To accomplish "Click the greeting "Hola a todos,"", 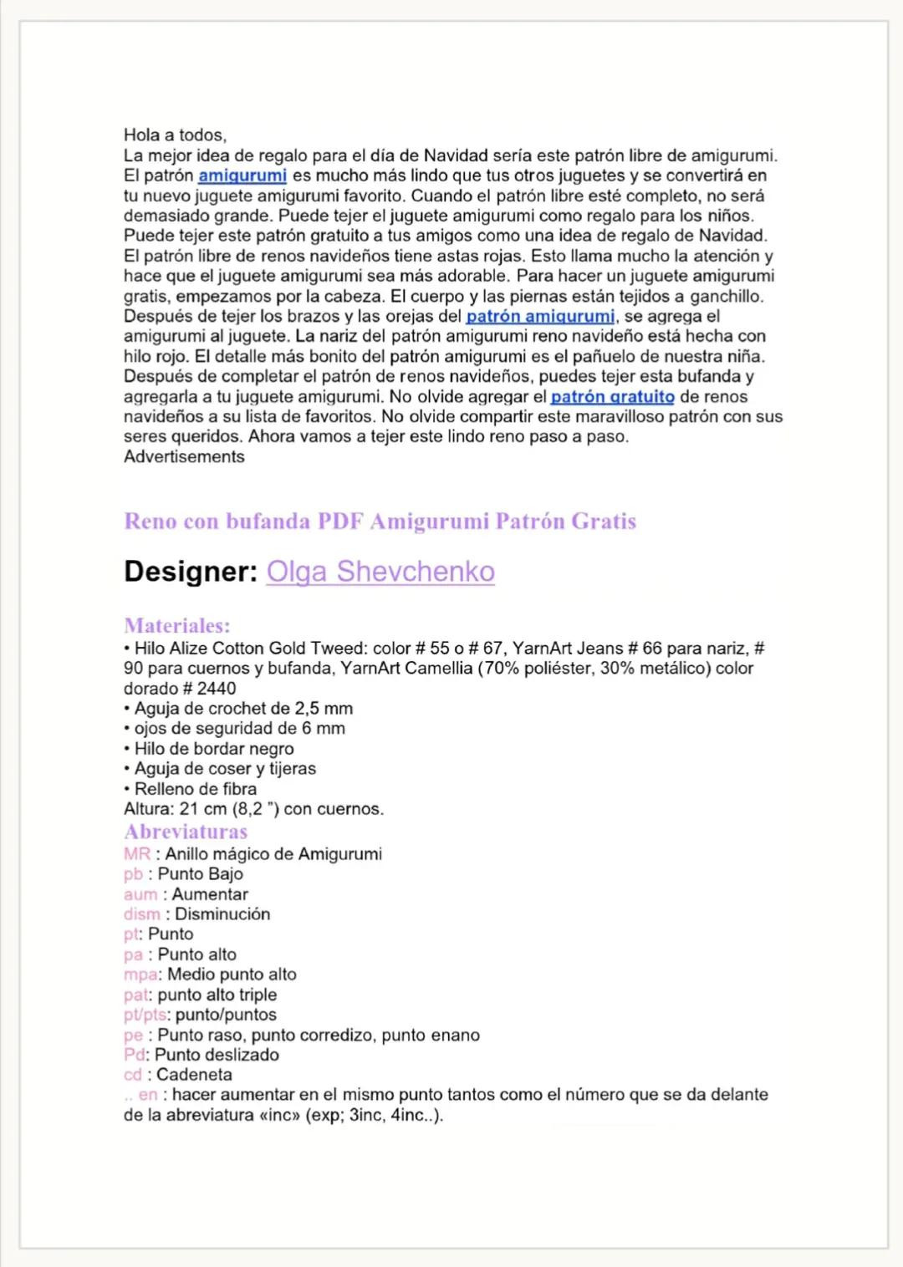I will [x=175, y=135].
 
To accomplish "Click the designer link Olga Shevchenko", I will [x=380, y=572].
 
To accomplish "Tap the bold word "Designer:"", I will [x=191, y=572].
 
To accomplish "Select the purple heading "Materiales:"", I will [x=176, y=625].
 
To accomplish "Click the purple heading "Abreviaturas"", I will [x=186, y=832].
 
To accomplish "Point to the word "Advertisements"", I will [x=184, y=456].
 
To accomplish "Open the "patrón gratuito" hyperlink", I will [x=612, y=397].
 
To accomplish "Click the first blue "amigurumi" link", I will [x=242, y=176].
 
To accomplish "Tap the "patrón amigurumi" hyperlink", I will [x=540, y=317].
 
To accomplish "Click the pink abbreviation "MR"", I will [x=137, y=854].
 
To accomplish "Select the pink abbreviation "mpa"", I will [x=140, y=974].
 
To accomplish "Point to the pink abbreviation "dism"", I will [x=142, y=914].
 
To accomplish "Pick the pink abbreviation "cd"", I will [x=133, y=1075].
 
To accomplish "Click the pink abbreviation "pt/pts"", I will [x=145, y=1015].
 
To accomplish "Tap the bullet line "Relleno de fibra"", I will [x=196, y=789].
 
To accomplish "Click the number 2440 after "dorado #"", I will [x=217, y=689].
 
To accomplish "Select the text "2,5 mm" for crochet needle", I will [x=324, y=709].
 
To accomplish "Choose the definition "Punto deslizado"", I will [x=217, y=1055].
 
